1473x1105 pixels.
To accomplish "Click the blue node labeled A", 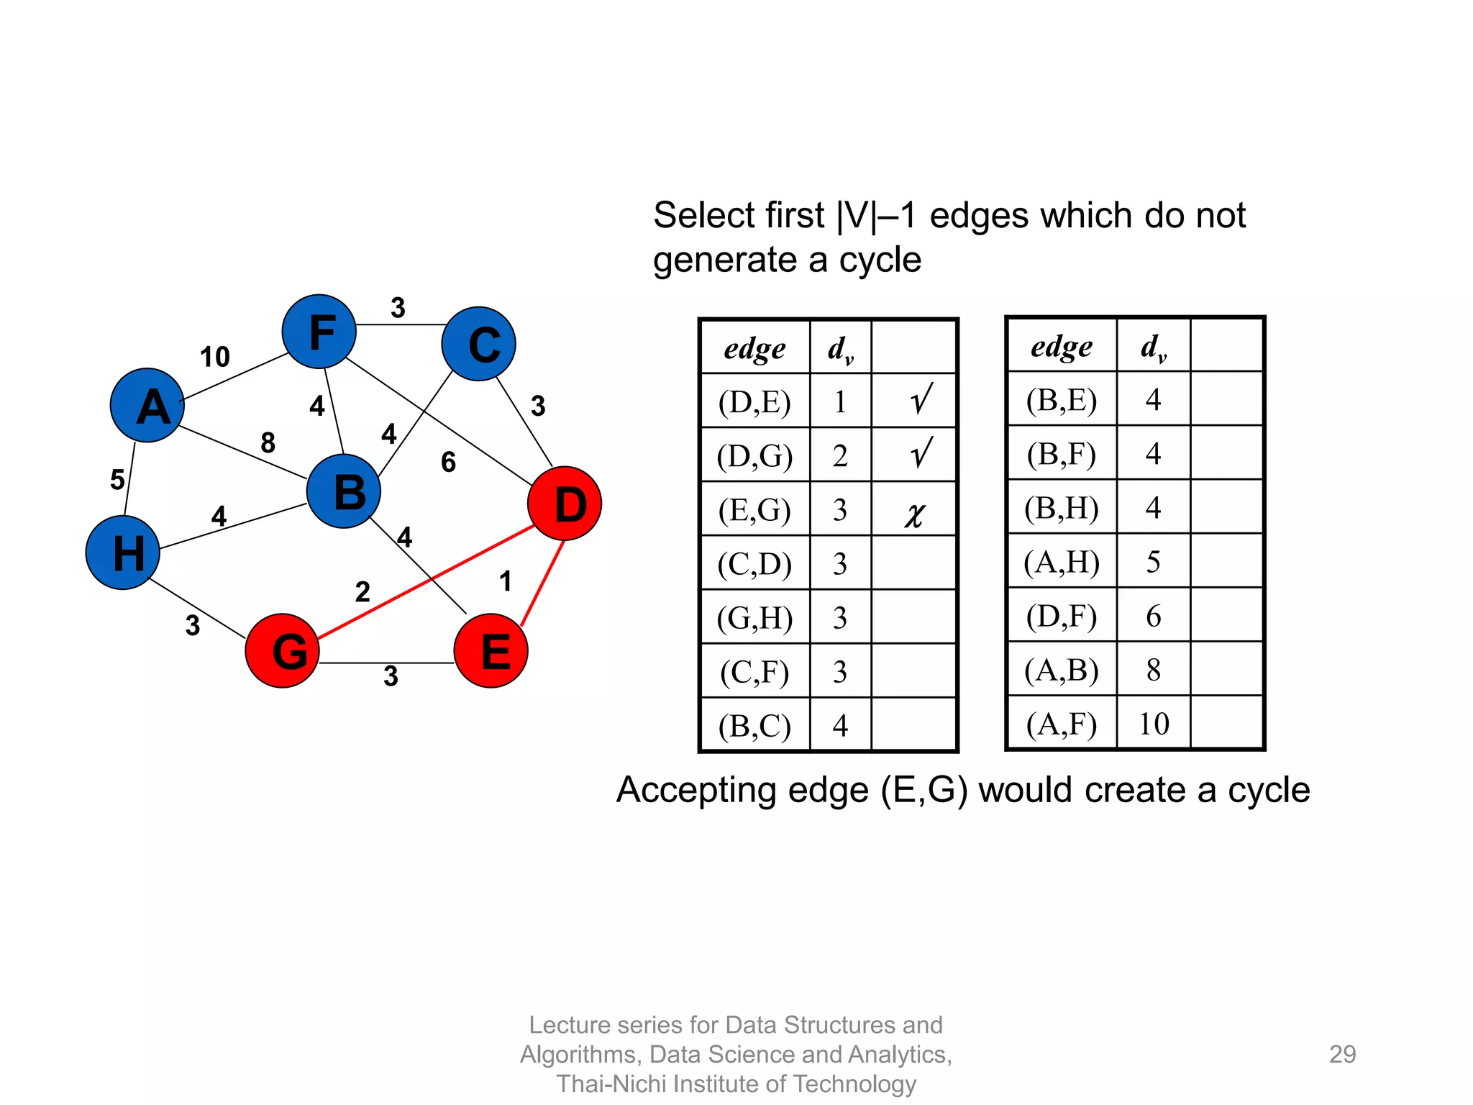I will coord(147,405).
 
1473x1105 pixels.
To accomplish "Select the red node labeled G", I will coord(282,650).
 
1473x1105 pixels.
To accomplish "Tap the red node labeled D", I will coord(565,504).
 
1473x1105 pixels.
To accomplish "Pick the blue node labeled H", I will coord(123,552).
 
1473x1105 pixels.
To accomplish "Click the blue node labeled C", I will coord(479,344).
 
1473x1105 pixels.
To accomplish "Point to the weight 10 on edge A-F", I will coord(214,357).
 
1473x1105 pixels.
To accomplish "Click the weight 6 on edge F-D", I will coord(448,462).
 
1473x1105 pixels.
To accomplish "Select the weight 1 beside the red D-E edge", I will coord(506,581).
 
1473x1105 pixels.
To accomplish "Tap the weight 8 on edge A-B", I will coord(268,442).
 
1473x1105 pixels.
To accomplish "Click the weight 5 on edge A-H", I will coord(117,480).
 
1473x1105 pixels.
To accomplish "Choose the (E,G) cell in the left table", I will coord(754,510).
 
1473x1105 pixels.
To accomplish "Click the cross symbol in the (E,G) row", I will coord(914,514).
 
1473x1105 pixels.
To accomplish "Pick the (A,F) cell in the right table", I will coord(1062,724).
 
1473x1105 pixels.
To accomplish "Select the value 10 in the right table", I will coord(1154,724).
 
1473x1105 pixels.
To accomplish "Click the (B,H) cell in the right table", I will coord(1062,508).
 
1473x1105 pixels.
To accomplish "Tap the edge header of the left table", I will coord(754,349).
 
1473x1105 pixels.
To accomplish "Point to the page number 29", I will coord(1342,1054).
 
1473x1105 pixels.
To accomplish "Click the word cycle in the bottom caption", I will coord(1269,790).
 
